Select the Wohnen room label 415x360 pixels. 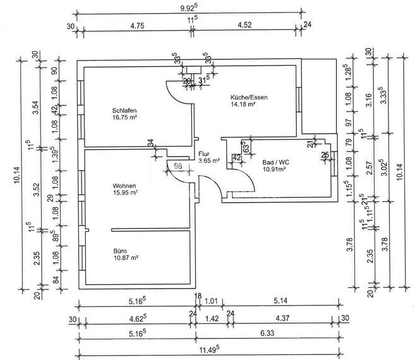click(124, 185)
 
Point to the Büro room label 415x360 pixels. click(120, 250)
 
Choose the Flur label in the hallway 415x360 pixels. click(203, 153)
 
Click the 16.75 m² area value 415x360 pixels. click(125, 117)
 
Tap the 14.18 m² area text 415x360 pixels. click(243, 104)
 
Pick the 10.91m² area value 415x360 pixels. click(274, 169)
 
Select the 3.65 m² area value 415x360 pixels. click(208, 160)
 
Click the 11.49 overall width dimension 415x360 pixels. click(209, 348)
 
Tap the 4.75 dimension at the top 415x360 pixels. click(138, 26)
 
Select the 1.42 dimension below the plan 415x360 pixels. click(212, 320)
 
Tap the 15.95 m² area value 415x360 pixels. click(125, 192)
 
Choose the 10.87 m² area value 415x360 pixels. click(125, 257)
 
